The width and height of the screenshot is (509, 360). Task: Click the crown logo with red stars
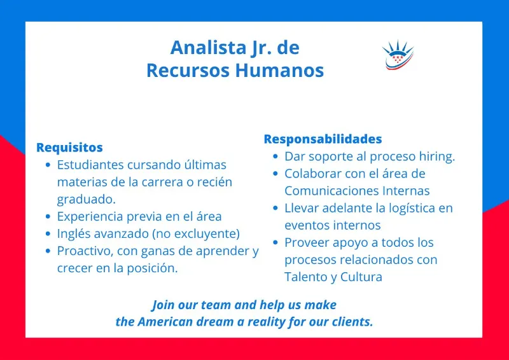(398, 55)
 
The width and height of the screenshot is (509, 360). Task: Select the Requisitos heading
(69, 148)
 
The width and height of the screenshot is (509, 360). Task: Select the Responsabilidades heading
(323, 139)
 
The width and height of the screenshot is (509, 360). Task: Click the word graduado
(87, 199)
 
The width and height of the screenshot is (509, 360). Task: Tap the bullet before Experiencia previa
(48, 216)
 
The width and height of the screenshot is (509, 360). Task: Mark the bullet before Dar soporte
(275, 156)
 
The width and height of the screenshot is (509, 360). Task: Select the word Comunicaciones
(331, 191)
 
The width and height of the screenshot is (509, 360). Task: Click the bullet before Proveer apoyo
(275, 242)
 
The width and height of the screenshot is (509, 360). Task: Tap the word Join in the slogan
(164, 305)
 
